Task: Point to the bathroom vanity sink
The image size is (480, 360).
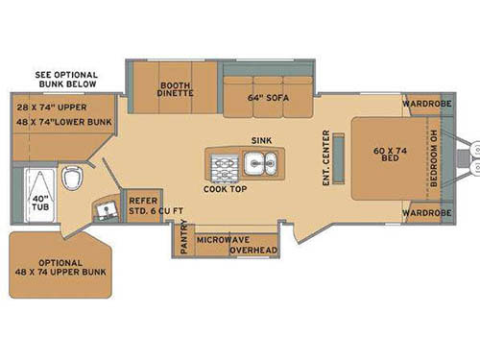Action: pyautogui.click(x=103, y=208)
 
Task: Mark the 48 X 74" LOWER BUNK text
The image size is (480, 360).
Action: pyautogui.click(x=64, y=123)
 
